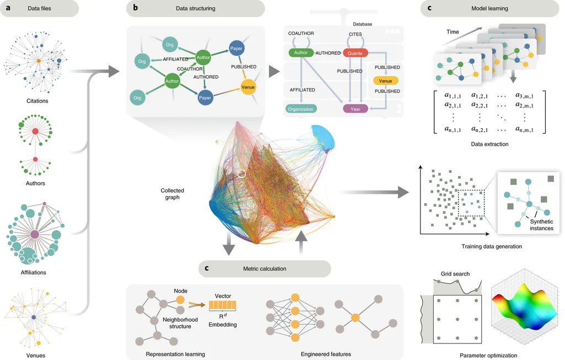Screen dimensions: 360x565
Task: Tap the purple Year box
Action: (355, 109)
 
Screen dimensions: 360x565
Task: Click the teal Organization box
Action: (301, 109)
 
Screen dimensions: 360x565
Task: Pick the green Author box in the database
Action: (301, 53)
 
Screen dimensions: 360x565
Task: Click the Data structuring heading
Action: (195, 8)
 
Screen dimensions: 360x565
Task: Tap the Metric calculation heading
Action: (265, 269)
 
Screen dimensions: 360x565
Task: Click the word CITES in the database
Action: (355, 34)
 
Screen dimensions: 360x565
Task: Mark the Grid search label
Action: (455, 274)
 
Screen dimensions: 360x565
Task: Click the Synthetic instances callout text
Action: (541, 225)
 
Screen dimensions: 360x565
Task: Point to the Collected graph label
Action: (172, 194)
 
